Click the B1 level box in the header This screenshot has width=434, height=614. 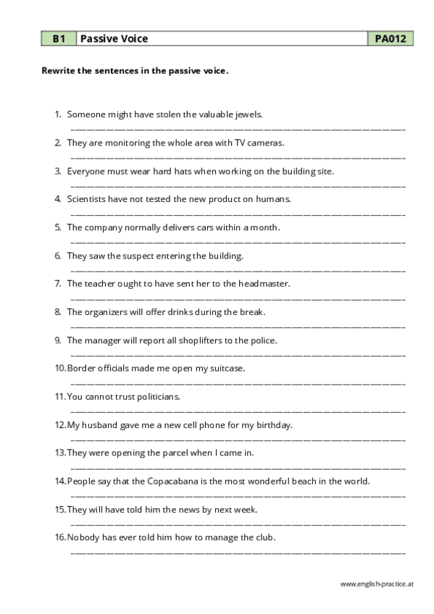[58, 38]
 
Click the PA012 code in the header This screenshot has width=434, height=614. [390, 38]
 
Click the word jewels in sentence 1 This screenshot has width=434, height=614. [249, 114]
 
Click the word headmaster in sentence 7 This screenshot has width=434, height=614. [262, 284]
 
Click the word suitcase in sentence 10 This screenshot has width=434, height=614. [227, 369]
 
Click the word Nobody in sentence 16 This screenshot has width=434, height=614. [83, 537]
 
